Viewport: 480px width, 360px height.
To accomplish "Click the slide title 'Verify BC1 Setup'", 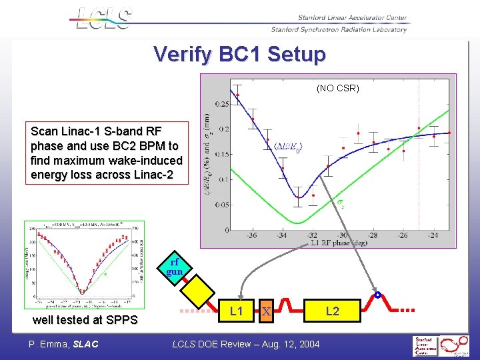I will point(239,54).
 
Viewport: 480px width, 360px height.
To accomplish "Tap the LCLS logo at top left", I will point(103,19).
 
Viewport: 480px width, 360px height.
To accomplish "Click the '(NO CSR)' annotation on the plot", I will point(337,87).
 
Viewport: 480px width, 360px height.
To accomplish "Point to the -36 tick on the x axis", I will point(252,235).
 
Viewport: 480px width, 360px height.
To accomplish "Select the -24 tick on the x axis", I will point(433,235).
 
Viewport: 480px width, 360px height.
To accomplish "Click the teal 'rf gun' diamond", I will point(174,268).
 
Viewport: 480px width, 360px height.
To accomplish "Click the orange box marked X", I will point(266,311).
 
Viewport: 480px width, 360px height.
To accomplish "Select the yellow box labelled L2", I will point(332,311).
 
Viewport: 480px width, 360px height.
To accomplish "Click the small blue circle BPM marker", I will point(377,295).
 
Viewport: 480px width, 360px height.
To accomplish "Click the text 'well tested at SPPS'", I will point(85,320).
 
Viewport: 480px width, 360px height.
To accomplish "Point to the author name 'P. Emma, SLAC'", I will point(63,344).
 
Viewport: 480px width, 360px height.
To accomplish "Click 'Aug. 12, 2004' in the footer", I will point(286,344).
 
